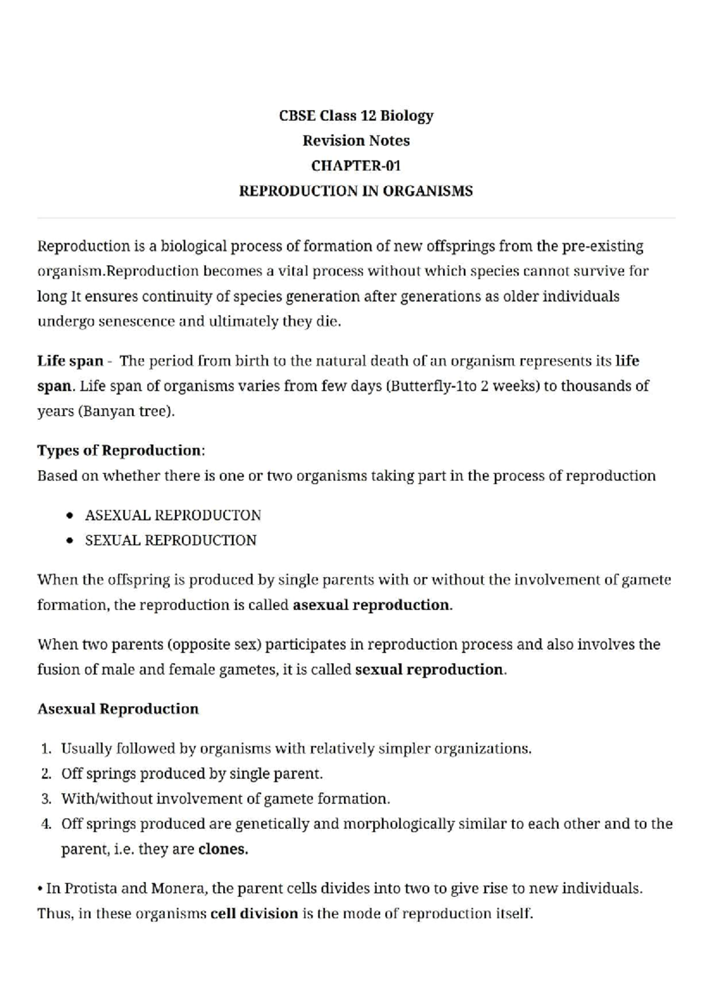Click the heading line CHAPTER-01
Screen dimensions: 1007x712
(356, 165)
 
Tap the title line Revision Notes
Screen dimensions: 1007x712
(356, 141)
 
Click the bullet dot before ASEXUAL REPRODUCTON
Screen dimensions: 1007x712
(71, 515)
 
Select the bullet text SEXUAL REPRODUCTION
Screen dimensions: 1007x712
(171, 540)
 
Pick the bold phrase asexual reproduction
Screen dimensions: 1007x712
(371, 605)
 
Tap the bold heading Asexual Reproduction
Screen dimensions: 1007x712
(118, 709)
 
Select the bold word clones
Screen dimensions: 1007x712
(223, 849)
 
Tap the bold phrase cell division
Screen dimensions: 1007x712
(254, 913)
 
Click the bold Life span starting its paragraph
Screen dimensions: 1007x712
(70, 361)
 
